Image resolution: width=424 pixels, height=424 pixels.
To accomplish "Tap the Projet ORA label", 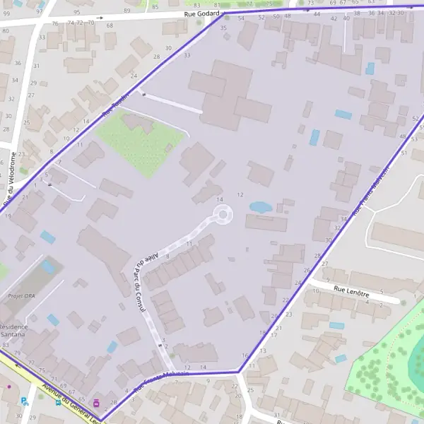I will pyautogui.click(x=21, y=296).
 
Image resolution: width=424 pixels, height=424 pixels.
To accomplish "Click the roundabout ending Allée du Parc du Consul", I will pyautogui.click(x=223, y=213).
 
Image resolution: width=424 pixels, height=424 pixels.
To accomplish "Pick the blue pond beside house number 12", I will pyautogui.click(x=260, y=207).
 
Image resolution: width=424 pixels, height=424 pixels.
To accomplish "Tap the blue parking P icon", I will pyautogui.click(x=25, y=401).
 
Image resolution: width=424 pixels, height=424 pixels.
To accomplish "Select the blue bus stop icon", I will pyautogui.click(x=58, y=403).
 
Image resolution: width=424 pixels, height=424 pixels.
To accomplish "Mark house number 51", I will pyautogui.click(x=404, y=152).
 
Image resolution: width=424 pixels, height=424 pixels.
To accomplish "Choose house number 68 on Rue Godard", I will pyautogui.click(x=109, y=25).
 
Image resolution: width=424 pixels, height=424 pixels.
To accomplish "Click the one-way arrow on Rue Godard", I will pyautogui.click(x=100, y=17).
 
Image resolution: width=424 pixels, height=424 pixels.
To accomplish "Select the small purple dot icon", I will pyautogui.click(x=8, y=387).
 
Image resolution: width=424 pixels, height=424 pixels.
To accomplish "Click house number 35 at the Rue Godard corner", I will pyautogui.click(x=223, y=28).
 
